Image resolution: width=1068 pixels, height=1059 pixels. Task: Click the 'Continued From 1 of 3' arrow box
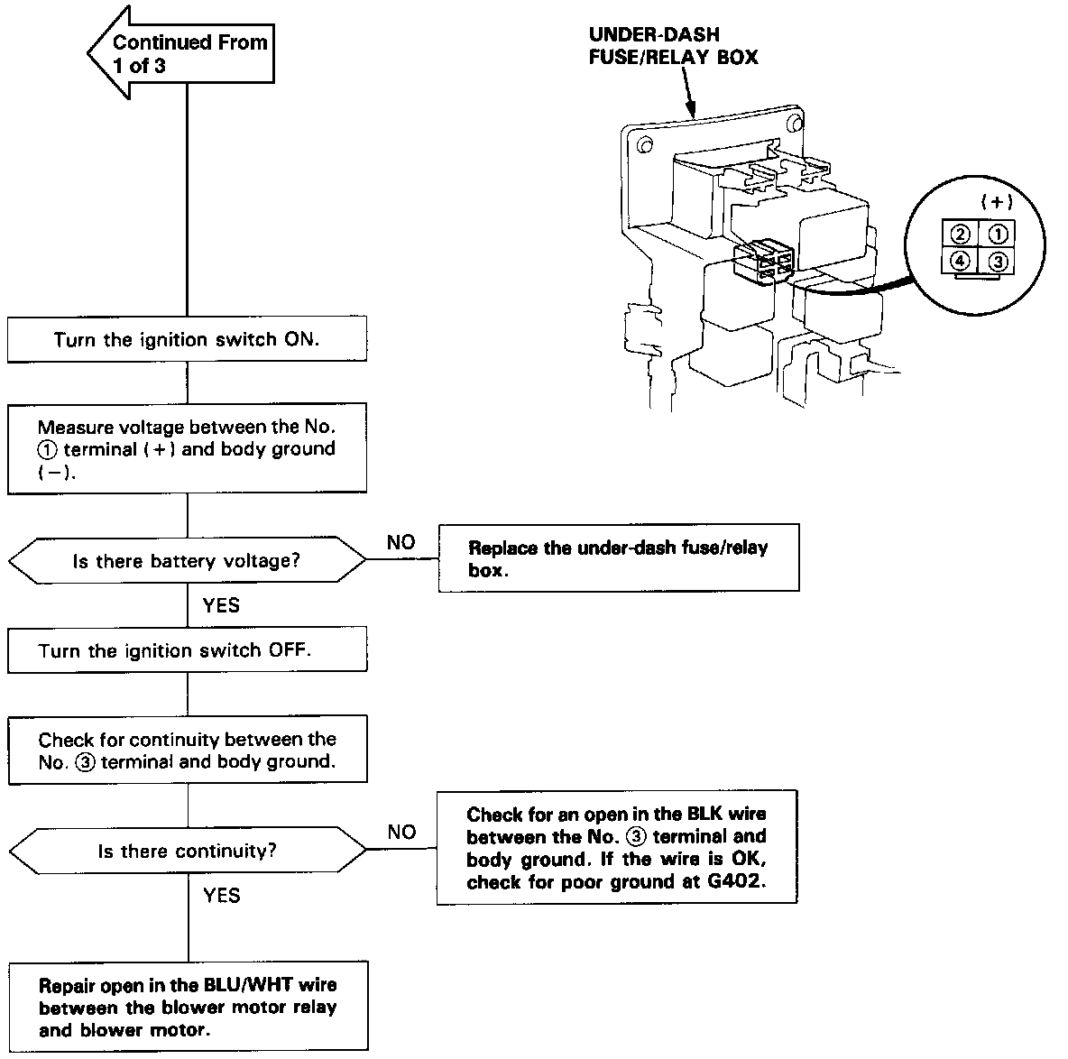point(182,53)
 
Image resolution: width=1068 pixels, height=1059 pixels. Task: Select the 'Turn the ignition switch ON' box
point(187,338)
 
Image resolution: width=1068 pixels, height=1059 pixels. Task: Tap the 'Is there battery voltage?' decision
point(187,560)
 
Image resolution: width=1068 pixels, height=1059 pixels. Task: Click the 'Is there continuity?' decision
point(187,850)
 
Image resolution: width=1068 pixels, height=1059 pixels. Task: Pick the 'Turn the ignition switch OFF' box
point(188,649)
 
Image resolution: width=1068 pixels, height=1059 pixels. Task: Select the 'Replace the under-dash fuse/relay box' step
point(619,557)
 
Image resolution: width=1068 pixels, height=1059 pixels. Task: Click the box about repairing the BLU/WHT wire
point(188,1006)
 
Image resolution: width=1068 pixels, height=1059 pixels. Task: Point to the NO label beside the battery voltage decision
point(400,542)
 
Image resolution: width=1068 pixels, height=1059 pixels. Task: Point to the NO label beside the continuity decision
point(401,832)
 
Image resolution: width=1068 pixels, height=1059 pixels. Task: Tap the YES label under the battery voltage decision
point(221,604)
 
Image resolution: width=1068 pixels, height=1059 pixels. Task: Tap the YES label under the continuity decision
point(221,895)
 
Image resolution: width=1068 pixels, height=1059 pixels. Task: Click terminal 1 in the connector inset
point(997,235)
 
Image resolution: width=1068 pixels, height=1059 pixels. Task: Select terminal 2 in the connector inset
point(960,235)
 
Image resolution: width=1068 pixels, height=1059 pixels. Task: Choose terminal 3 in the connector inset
point(997,262)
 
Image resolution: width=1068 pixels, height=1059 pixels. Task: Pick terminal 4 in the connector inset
point(960,261)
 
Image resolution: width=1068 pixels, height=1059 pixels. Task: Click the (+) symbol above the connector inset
point(997,201)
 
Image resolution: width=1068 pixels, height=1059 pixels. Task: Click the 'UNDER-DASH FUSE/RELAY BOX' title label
point(673,46)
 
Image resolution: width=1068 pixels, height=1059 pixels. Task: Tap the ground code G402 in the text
point(736,881)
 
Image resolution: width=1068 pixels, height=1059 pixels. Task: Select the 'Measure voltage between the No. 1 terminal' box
point(187,448)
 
